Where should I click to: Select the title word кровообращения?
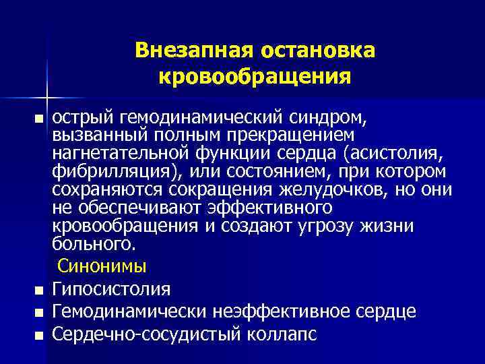(x=255, y=75)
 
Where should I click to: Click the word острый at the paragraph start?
(x=80, y=119)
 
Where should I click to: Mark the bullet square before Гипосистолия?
(x=40, y=291)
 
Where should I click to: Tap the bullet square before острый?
(x=40, y=120)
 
